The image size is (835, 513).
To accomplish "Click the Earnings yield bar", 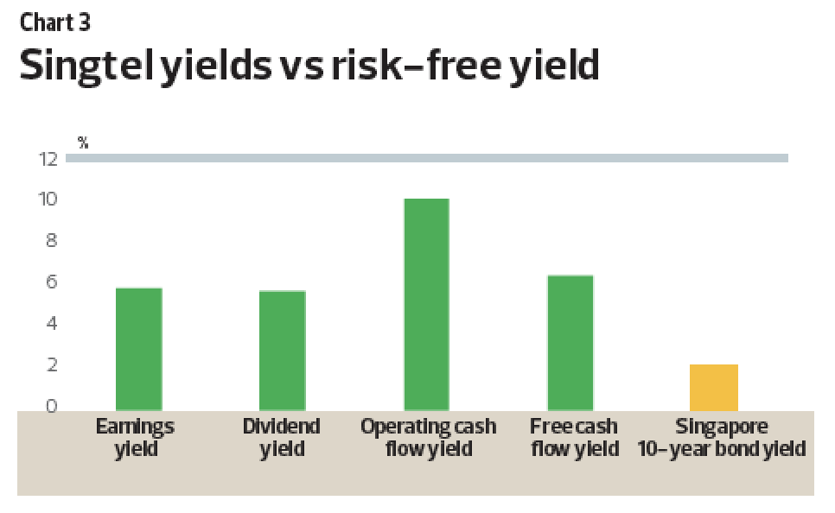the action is pos(139,349).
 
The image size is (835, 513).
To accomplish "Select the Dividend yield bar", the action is pos(283,351).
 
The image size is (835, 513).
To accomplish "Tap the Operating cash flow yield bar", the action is pos(426,305).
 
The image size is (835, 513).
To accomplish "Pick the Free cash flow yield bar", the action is pos(570,343).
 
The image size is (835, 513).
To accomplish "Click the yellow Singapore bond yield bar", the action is pos(714,388).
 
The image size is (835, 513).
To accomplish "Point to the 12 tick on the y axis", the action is pos(48,159).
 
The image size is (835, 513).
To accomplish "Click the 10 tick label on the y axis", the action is pos(48,199).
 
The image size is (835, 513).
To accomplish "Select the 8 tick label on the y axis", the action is pos(52,241).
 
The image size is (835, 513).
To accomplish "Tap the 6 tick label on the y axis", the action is pos(52,282).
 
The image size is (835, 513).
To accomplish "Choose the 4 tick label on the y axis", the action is pos(52,323).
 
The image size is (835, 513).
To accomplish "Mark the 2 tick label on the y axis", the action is pos(52,364).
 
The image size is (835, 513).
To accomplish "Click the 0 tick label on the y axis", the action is pos(52,406).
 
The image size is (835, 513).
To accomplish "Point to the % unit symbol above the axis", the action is pos(82,142).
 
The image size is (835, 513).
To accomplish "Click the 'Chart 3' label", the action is pos(55,22).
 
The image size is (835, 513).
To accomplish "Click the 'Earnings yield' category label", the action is pos(135,438).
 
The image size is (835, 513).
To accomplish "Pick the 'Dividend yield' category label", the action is pos(282,438).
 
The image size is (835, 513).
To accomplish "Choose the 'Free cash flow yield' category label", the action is pos(575,438).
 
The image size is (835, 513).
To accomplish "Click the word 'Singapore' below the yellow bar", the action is pos(722,427).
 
